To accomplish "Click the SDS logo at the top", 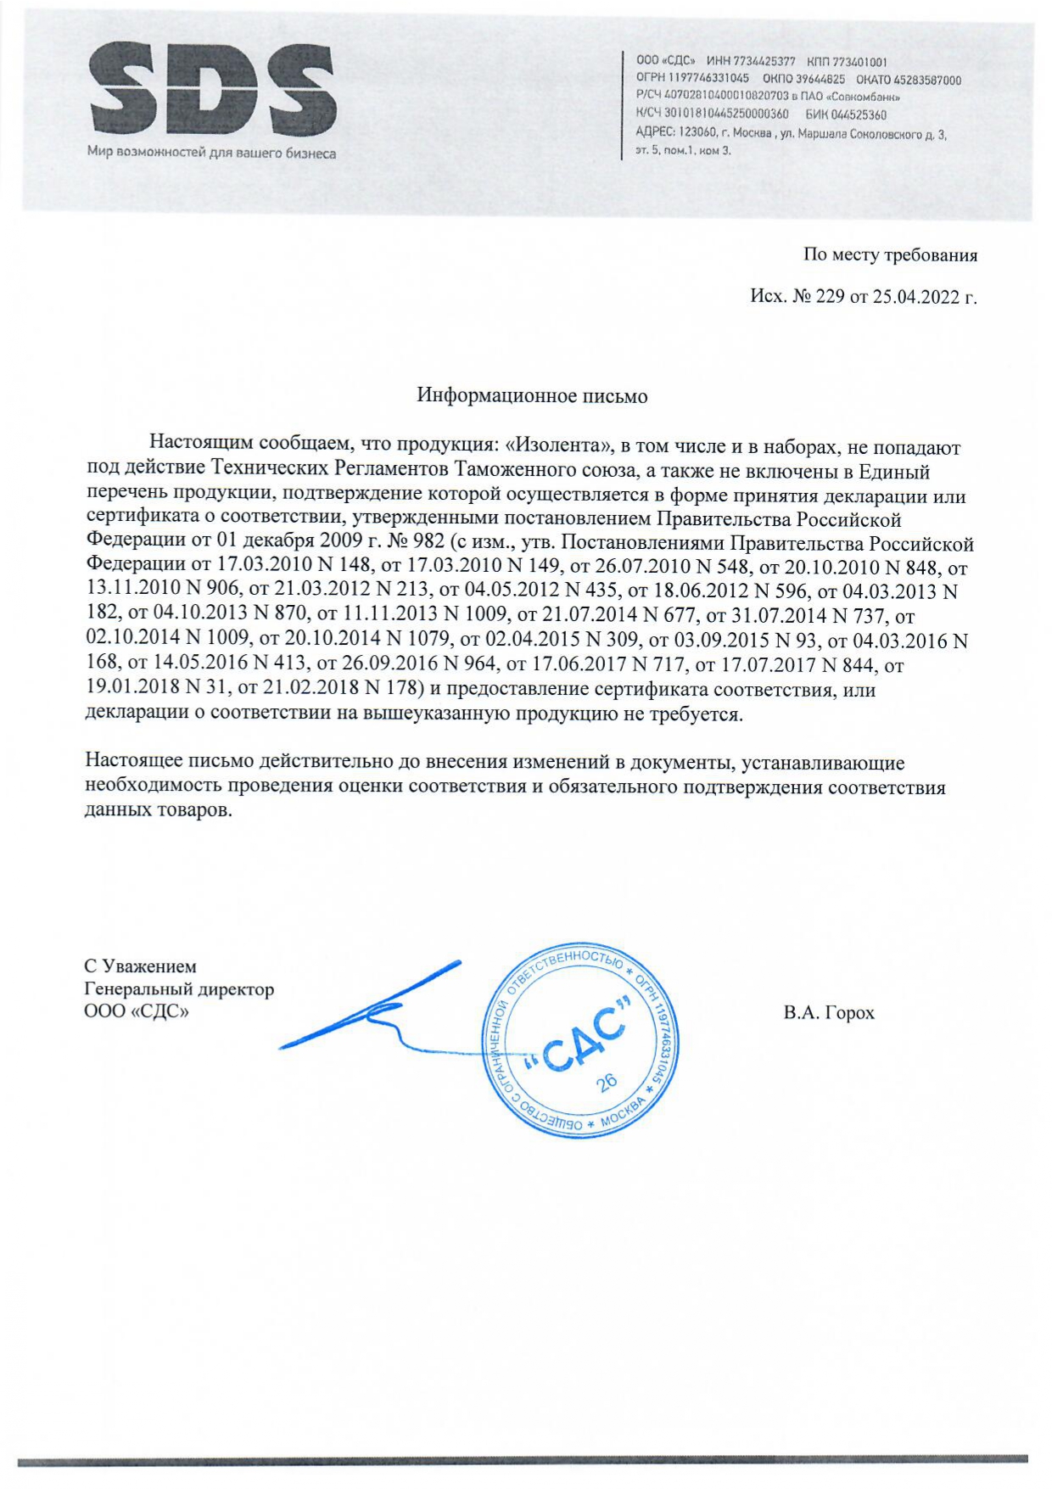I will click(x=211, y=92).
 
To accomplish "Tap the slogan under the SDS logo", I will click(x=211, y=154).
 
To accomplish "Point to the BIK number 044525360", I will click(x=859, y=115).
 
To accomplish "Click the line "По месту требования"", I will click(x=890, y=255).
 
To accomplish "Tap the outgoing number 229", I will click(x=830, y=297).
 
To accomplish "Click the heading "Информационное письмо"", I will click(x=532, y=396).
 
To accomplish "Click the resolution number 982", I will click(x=428, y=542).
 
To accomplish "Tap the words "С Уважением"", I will click(x=140, y=966).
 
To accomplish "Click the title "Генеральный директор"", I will click(x=179, y=989).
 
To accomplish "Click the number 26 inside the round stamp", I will click(x=607, y=1083).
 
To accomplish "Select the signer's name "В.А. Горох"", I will click(x=828, y=1013).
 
